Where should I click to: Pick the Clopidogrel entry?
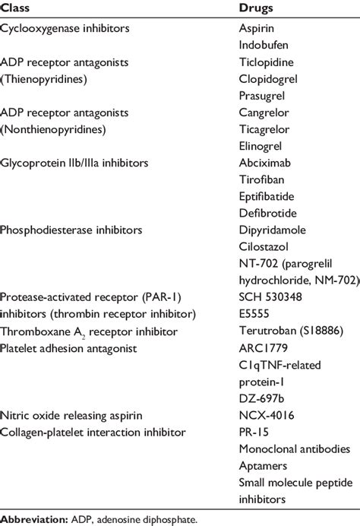[x=266, y=78]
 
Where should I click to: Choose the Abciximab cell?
[x=263, y=162]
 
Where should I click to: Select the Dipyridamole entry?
[x=270, y=230]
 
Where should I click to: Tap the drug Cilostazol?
[x=263, y=246]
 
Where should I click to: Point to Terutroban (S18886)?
[x=283, y=331]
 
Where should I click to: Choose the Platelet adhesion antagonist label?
[x=69, y=347]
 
